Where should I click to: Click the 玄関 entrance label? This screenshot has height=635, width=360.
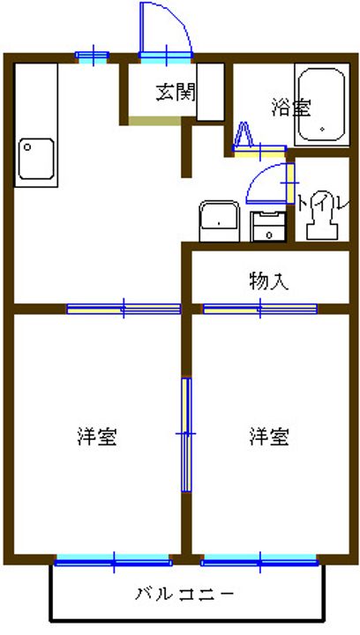click(x=176, y=93)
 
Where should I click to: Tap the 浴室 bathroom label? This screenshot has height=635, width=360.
click(x=291, y=108)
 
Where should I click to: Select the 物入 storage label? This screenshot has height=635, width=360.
click(x=269, y=281)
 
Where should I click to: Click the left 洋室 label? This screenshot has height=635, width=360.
click(x=97, y=437)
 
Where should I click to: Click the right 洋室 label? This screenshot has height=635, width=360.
click(x=269, y=437)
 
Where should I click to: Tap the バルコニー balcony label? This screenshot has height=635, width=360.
click(x=184, y=594)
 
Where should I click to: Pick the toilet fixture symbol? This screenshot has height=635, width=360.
click(x=323, y=220)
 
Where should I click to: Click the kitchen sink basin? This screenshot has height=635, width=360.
click(x=36, y=159)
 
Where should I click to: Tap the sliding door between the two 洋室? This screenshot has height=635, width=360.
click(x=186, y=435)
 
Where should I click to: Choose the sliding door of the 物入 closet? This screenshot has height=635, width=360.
click(x=260, y=310)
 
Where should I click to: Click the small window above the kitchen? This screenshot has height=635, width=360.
click(x=93, y=56)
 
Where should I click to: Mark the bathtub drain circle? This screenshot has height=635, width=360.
click(x=322, y=130)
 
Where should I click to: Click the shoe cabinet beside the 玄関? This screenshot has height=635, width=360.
click(x=210, y=92)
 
